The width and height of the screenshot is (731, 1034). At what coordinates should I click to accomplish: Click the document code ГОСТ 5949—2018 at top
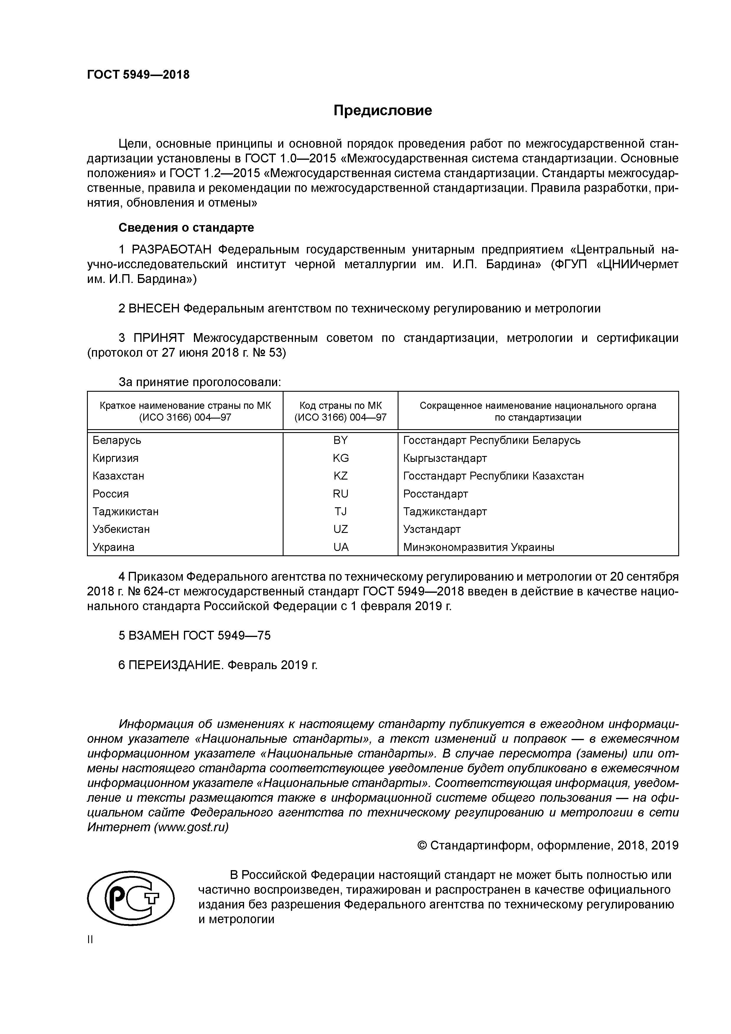(x=138, y=75)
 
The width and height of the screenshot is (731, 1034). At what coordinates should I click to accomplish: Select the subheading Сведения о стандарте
(x=186, y=228)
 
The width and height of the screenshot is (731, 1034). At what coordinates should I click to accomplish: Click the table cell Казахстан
(x=118, y=476)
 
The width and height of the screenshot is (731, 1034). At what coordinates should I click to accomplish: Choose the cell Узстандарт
(x=432, y=529)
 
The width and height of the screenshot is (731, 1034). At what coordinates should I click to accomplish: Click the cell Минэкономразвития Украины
(x=479, y=547)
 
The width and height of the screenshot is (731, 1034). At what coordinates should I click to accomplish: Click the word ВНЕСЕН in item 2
(x=154, y=309)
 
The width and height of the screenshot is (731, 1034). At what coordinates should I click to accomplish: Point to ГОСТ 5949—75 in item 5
(x=227, y=635)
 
